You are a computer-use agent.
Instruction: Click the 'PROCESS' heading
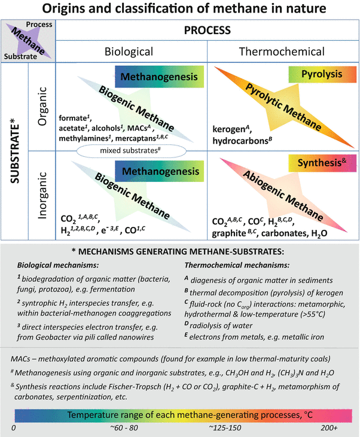click(x=208, y=29)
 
